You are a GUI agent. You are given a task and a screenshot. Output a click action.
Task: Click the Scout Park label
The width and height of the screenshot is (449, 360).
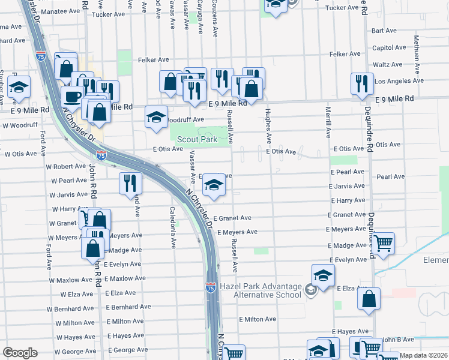click(196, 139)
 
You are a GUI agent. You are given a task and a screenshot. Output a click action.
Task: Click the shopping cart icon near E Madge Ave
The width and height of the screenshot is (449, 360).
click(382, 244)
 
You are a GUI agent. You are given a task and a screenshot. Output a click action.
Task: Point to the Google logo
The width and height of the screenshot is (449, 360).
click(20, 353)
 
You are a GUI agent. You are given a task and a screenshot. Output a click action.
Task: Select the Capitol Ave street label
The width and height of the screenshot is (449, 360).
click(385, 48)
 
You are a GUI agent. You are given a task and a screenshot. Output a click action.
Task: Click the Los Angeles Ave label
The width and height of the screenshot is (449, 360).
click(399, 81)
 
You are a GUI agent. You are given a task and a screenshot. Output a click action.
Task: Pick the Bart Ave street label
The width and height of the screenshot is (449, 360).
click(384, 31)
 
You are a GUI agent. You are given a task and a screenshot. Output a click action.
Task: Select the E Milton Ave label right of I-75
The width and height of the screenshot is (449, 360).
click(257, 320)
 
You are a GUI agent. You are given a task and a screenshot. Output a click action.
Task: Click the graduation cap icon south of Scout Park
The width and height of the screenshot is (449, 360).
click(214, 185)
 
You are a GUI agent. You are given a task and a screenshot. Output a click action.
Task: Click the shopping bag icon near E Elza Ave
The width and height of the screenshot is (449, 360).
click(369, 298)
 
